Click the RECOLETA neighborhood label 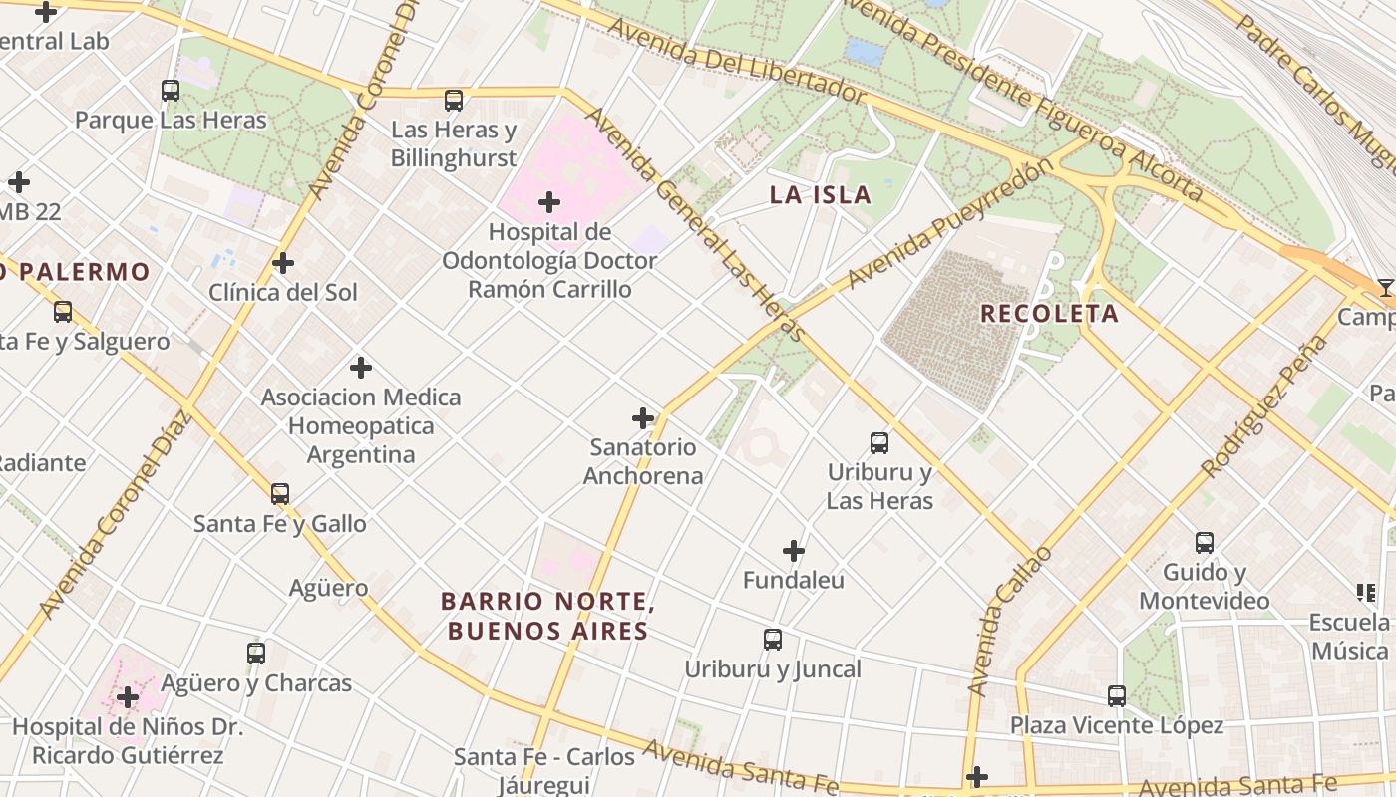click(x=1049, y=314)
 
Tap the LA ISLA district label click(x=821, y=194)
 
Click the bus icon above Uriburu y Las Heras click(x=878, y=442)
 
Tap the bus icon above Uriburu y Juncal click(x=772, y=640)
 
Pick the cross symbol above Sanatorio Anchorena click(x=643, y=418)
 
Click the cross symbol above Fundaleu click(x=793, y=551)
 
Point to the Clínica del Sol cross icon click(x=283, y=264)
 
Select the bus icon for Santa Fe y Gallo click(x=280, y=493)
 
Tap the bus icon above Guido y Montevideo click(x=1205, y=543)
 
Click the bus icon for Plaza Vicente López click(x=1117, y=695)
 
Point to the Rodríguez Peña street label click(x=1264, y=405)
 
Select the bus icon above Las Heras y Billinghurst click(x=454, y=100)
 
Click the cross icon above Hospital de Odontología click(x=548, y=203)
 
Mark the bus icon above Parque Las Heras click(x=171, y=91)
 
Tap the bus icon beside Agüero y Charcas click(x=256, y=654)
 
